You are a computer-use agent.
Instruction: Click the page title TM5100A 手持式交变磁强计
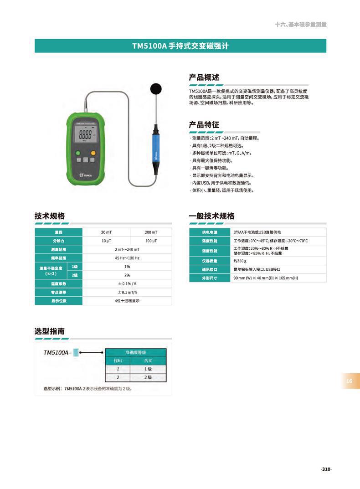[x=180, y=46]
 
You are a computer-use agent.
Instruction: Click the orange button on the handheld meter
[x=93, y=153]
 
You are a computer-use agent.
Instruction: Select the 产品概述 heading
[x=204, y=77]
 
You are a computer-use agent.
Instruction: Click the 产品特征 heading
[x=204, y=124]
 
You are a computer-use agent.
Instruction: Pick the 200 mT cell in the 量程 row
[x=151, y=232]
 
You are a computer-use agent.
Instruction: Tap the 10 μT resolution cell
[x=106, y=240]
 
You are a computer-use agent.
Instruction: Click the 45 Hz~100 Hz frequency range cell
[x=127, y=258]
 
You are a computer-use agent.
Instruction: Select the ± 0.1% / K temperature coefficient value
[x=127, y=283]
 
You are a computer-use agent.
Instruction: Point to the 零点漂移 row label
[x=58, y=292]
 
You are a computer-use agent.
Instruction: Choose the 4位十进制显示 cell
[x=127, y=301]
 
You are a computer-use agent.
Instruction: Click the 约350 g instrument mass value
[x=240, y=261]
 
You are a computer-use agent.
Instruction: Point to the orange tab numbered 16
[x=350, y=381]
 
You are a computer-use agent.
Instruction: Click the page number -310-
[x=325, y=469]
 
